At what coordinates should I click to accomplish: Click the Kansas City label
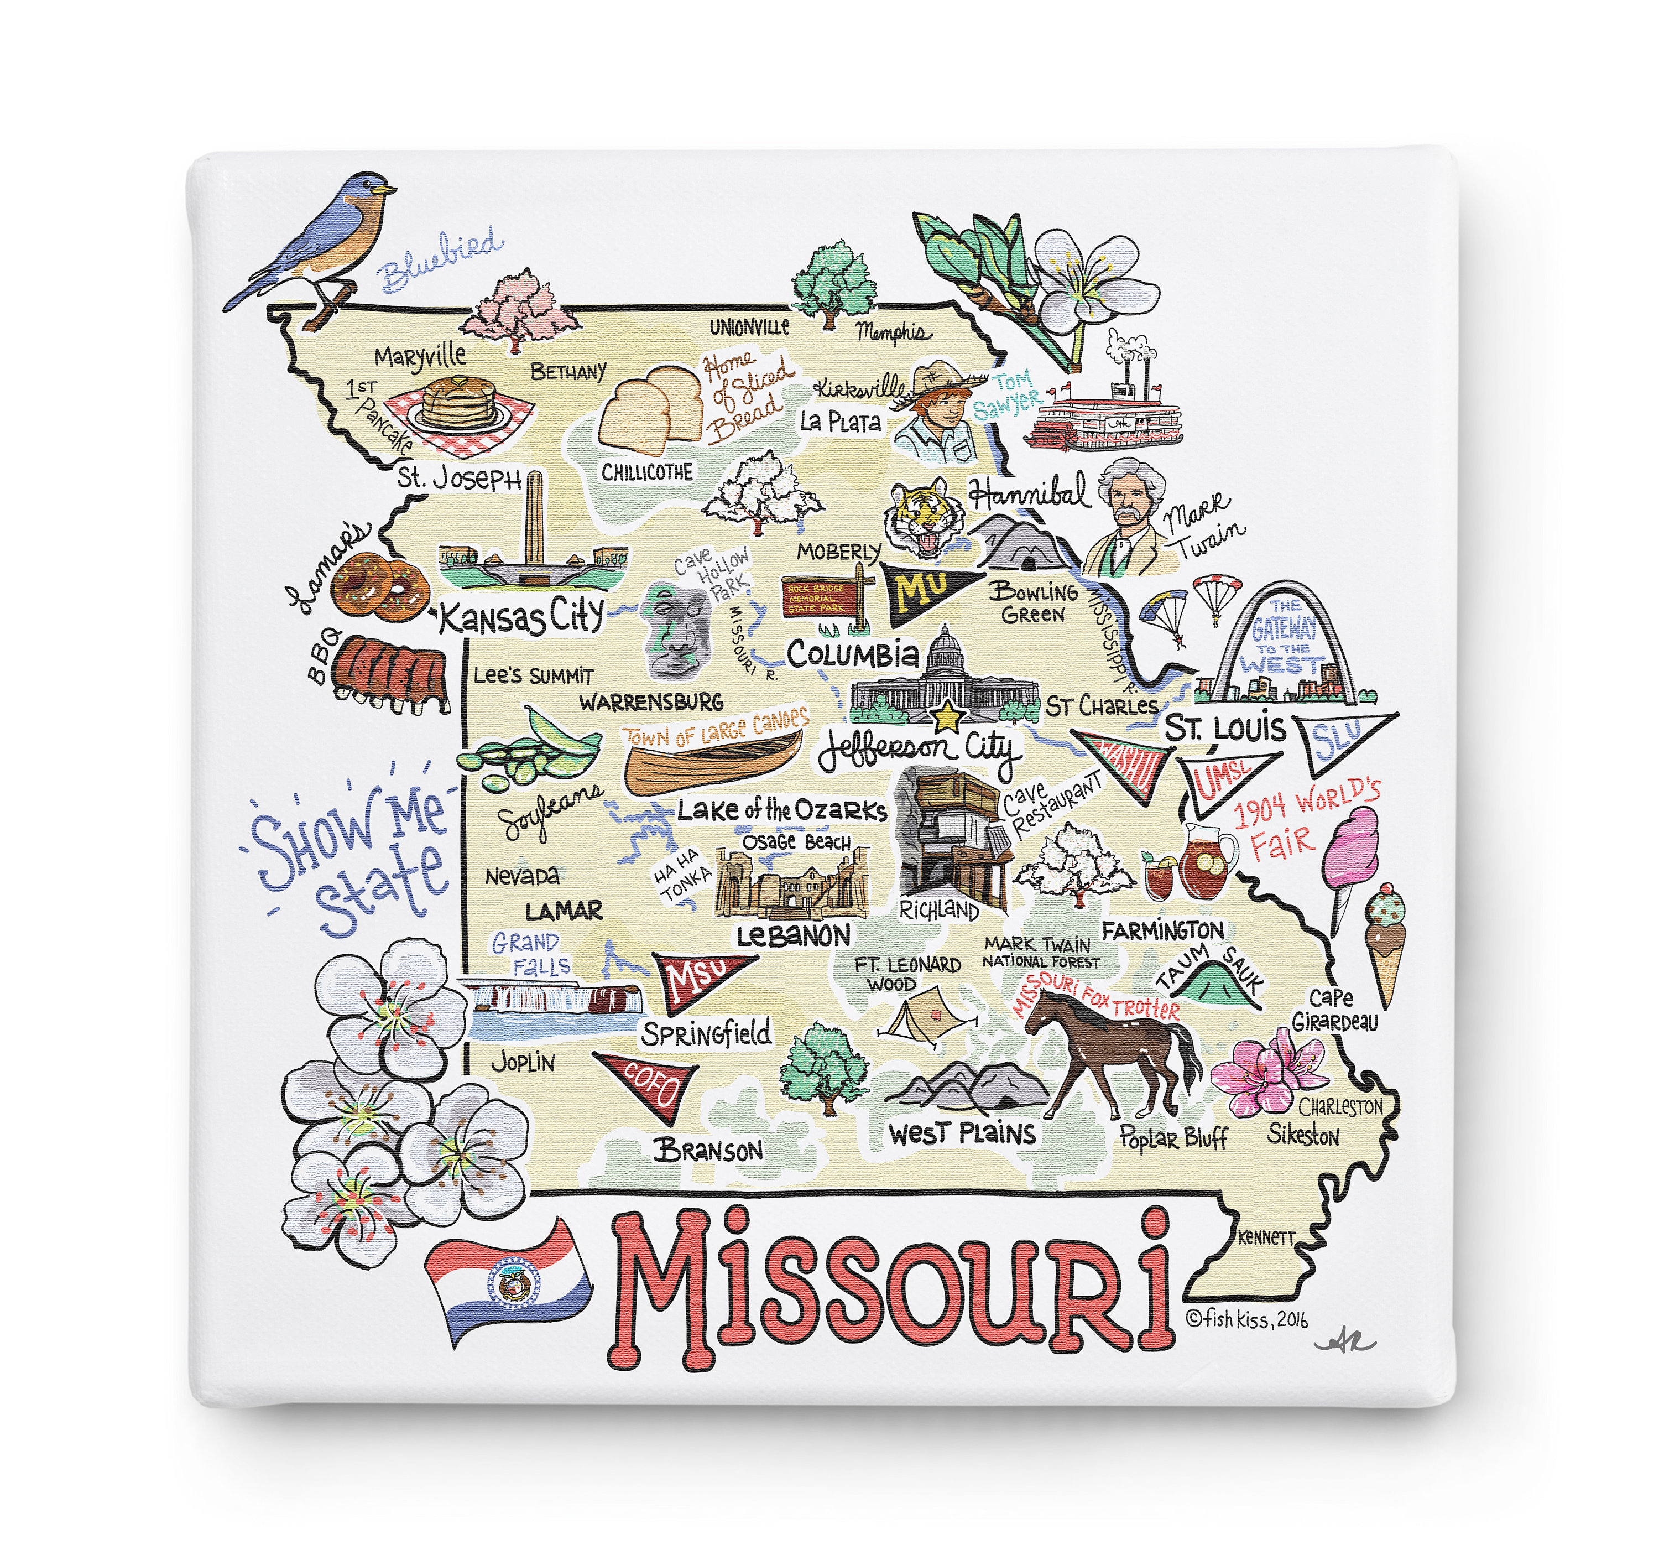pyautogui.click(x=521, y=618)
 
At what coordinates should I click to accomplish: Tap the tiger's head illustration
pyautogui.click(x=925, y=517)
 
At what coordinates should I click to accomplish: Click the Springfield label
pyautogui.click(x=706, y=1034)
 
